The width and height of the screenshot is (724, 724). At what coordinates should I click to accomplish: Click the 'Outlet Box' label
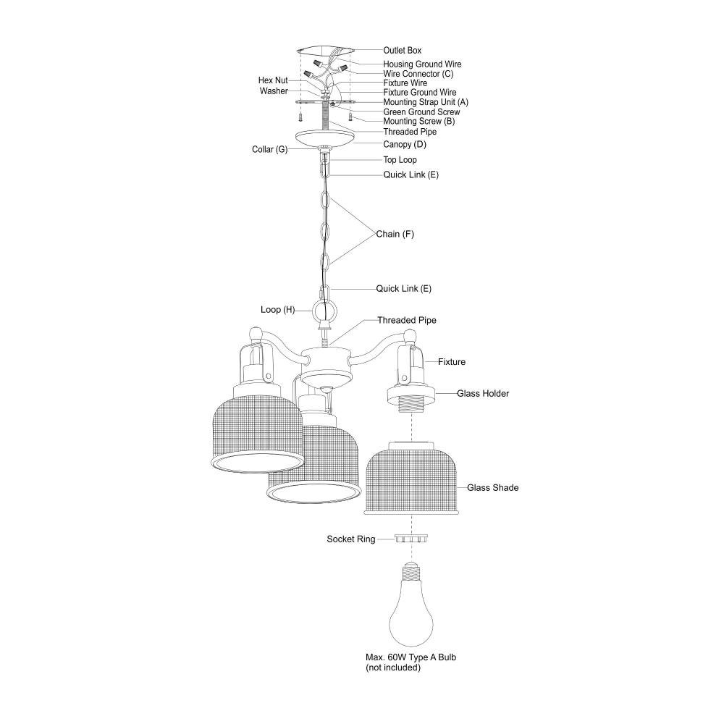coord(402,51)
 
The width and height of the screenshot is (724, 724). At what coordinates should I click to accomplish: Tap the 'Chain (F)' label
coord(395,235)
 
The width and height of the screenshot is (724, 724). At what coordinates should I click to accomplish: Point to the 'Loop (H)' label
coord(277,310)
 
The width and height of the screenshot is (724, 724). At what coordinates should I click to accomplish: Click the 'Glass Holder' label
coord(483,394)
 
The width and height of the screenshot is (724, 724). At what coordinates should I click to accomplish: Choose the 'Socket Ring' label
coord(350,539)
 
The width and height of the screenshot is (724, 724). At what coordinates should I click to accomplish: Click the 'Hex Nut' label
coord(273,80)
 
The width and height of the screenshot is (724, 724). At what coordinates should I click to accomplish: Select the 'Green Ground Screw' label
coord(421,112)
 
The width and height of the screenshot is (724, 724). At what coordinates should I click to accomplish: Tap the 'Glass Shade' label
coord(492,488)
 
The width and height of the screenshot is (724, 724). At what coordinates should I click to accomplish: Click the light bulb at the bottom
coord(411,608)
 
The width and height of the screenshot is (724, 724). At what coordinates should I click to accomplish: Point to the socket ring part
coord(411,539)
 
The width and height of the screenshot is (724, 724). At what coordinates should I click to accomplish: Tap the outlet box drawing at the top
coord(327,51)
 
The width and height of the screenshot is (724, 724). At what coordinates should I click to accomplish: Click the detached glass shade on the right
coord(411,478)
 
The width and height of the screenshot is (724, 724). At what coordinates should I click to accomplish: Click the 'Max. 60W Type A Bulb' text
coord(411,657)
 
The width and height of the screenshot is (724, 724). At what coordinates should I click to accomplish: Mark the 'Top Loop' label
coord(400,160)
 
